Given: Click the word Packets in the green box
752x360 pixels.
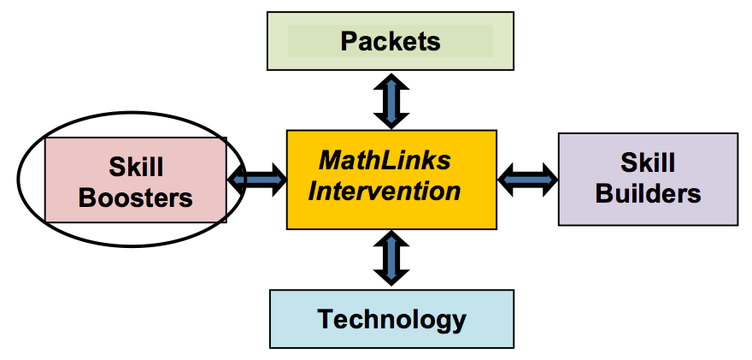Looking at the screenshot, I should click(391, 41).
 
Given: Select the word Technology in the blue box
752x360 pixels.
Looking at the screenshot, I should click(392, 320).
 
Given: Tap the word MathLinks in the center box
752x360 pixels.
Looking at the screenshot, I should click(385, 160).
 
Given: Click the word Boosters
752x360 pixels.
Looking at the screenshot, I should click(136, 198).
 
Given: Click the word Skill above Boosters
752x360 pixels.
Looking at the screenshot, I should click(136, 166).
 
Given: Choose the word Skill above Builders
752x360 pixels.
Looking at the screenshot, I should click(648, 162).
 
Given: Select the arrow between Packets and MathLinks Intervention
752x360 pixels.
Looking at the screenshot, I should click(391, 101).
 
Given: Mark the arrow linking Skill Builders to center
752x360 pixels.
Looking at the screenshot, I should click(527, 179).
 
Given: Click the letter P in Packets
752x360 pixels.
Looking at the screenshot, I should click(349, 41).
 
